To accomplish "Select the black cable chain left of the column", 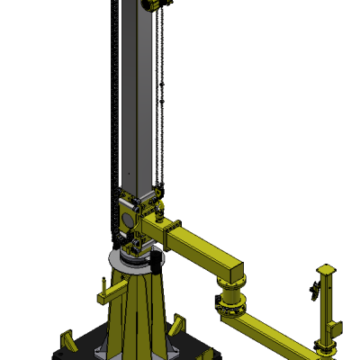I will [114, 108].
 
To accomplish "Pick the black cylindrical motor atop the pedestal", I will [155, 263].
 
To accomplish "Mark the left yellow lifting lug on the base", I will [66, 341].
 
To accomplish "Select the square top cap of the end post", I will [328, 269].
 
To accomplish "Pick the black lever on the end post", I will [314, 289].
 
